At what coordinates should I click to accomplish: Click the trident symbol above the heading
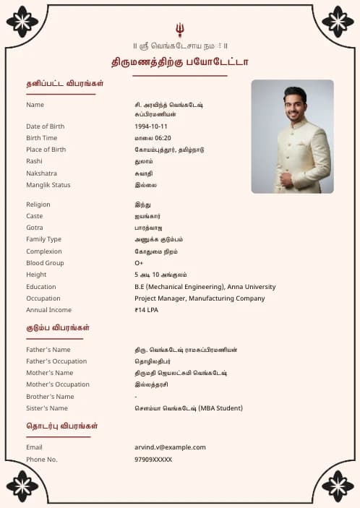coord(180,30)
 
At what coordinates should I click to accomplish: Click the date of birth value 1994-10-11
coord(150,126)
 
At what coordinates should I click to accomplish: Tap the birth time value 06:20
coord(162,138)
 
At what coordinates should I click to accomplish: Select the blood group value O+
coord(139,263)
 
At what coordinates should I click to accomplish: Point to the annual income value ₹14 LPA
coord(146,310)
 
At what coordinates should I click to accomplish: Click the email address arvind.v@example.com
coord(170,447)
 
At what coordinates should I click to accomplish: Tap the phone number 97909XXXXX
coord(153,460)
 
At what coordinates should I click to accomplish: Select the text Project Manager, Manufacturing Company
coord(200,298)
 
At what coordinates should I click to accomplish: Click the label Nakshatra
coord(41,173)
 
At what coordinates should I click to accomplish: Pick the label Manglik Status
coord(48,185)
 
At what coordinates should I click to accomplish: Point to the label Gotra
coord(35,228)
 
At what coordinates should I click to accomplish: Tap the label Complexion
coord(43,251)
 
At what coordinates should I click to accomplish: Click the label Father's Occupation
coord(56,361)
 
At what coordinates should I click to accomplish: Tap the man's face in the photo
coord(294,106)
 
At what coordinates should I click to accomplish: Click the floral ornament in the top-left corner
coord(22,22)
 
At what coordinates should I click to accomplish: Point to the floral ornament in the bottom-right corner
coord(338,486)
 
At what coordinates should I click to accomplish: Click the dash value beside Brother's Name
coord(136,397)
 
